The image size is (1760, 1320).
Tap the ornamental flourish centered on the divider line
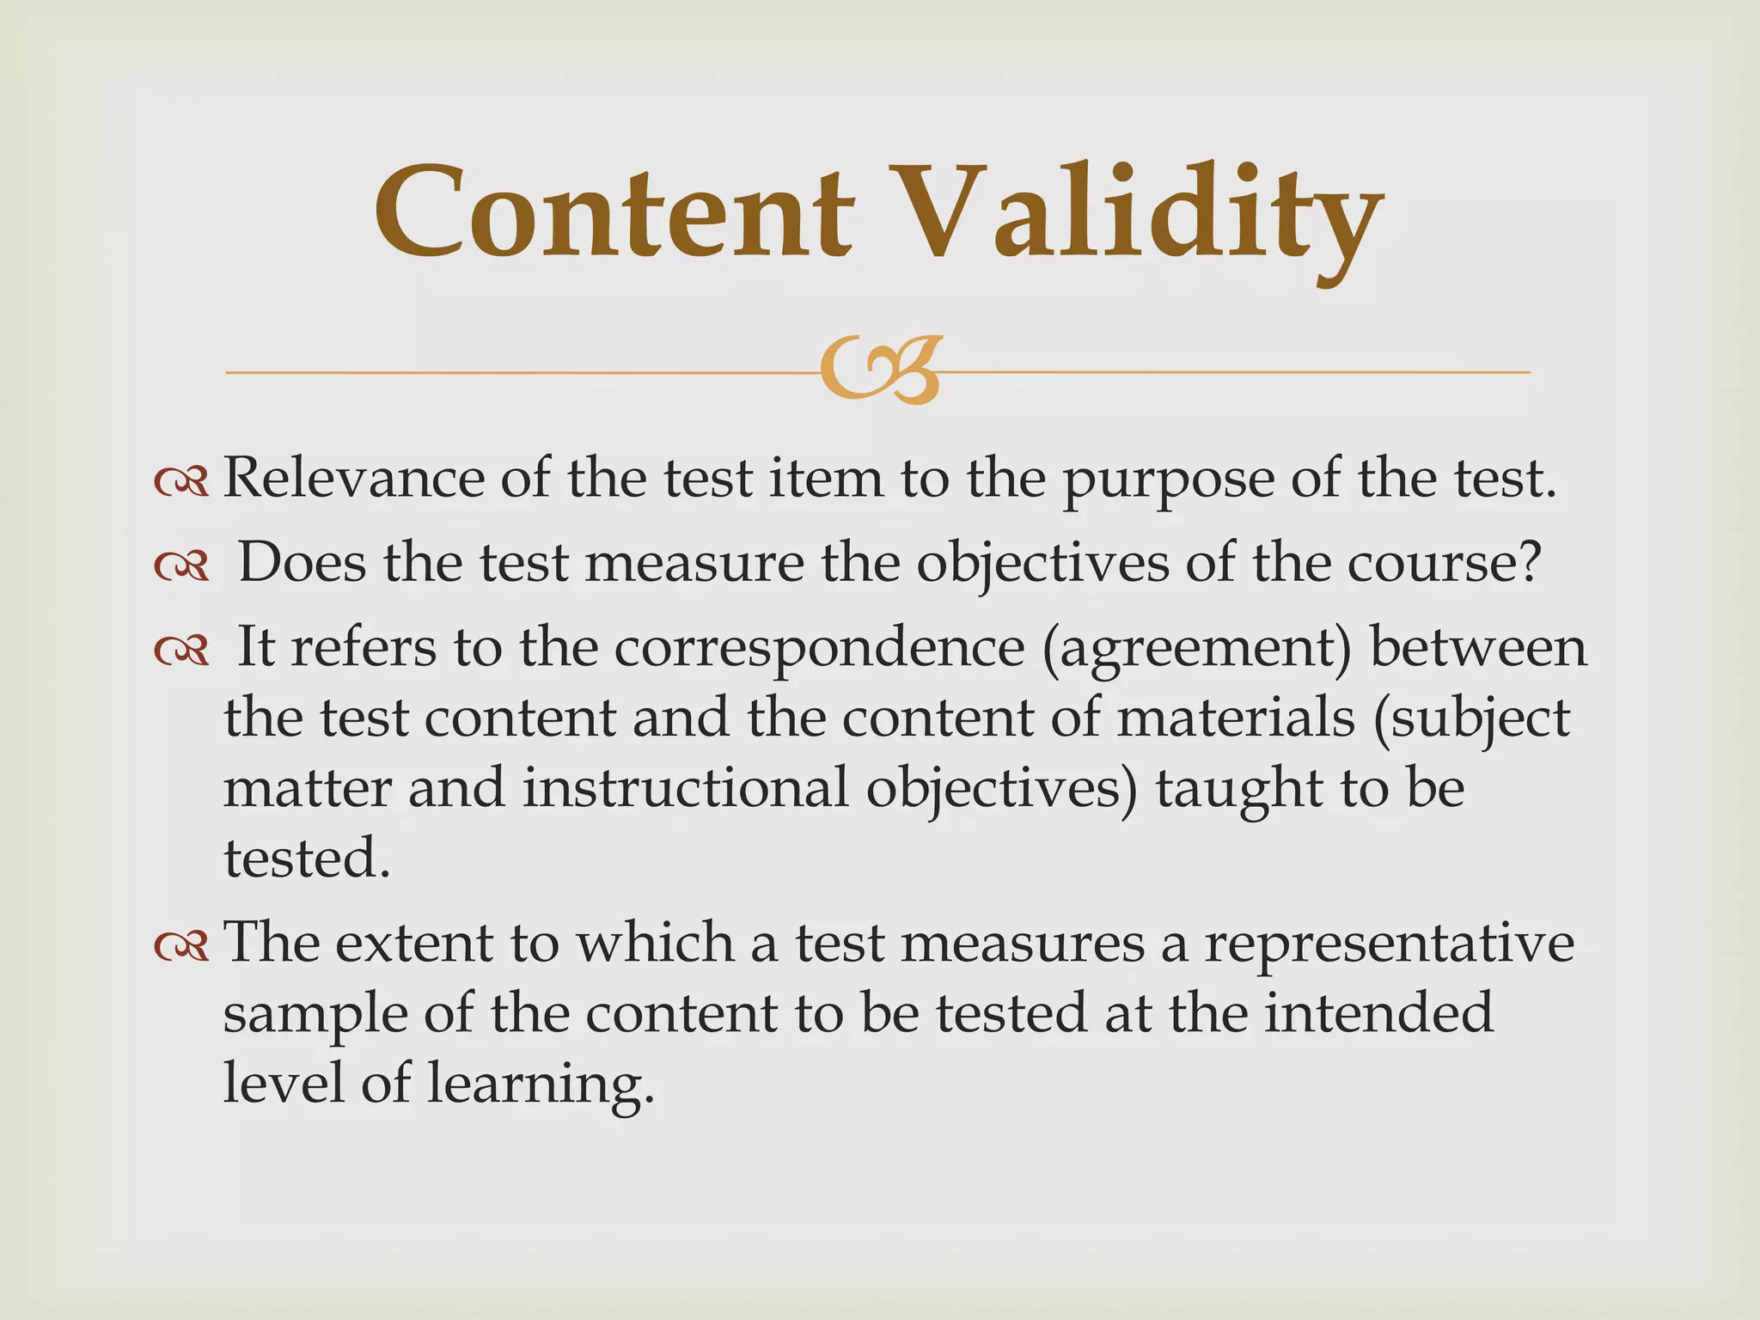(880, 370)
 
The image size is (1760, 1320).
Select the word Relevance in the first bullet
(353, 478)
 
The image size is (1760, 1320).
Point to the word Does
(301, 563)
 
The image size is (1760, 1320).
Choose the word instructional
(685, 787)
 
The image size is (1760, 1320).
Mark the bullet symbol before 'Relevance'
(181, 482)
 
